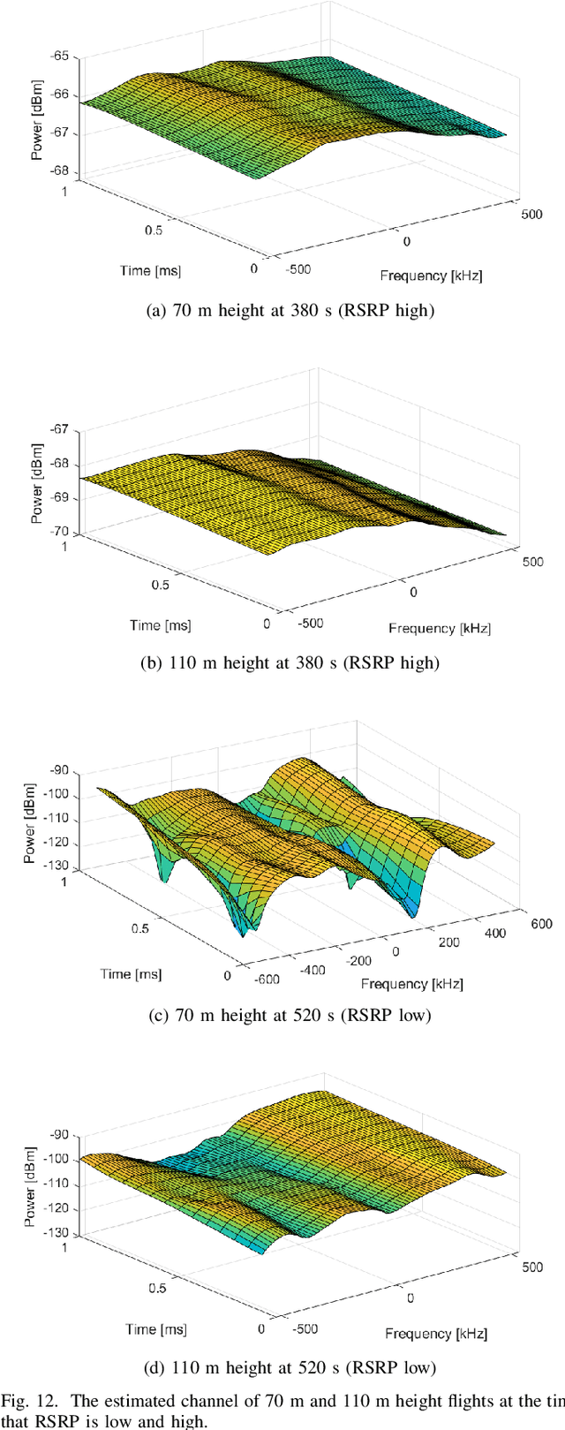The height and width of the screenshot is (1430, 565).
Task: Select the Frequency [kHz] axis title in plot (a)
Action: click(x=431, y=275)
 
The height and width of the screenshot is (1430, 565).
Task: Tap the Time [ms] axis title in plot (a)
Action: click(x=150, y=270)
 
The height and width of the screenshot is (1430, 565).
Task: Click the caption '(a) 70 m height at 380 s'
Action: click(x=282, y=311)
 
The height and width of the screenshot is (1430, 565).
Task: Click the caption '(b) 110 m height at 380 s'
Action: click(x=282, y=662)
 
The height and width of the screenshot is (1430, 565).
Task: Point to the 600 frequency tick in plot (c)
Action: click(x=541, y=924)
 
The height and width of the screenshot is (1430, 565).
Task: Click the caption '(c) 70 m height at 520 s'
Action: click(x=282, y=1016)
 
